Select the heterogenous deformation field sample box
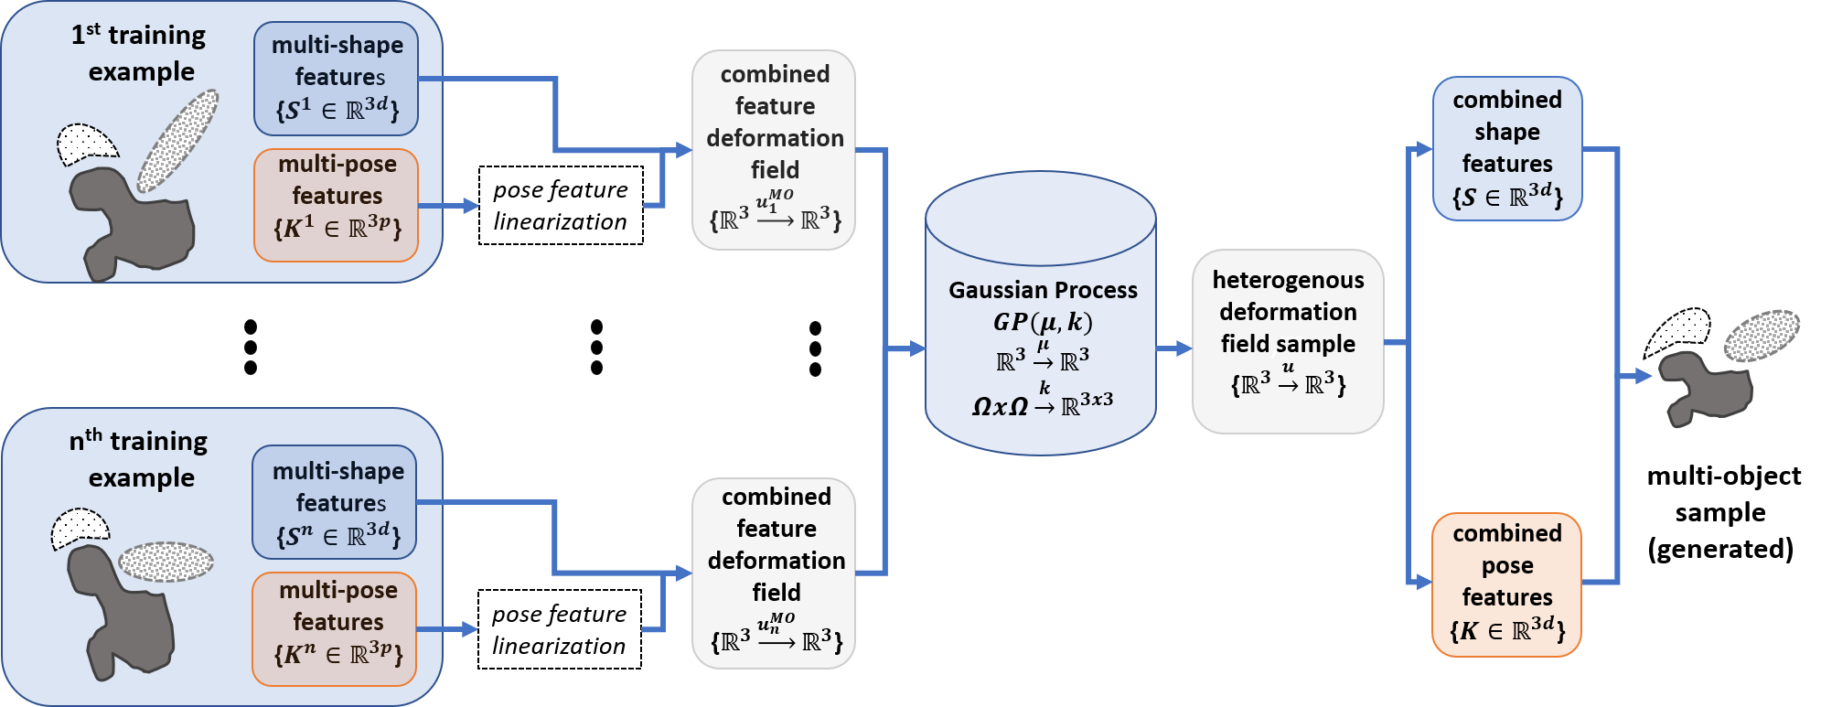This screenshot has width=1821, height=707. click(1287, 340)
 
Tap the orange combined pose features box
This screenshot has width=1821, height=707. click(1506, 584)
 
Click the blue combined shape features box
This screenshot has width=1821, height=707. click(1506, 148)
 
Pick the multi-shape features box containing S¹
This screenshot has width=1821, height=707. click(337, 79)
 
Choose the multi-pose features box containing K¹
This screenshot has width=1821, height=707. click(337, 204)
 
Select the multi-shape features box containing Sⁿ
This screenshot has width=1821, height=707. click(336, 502)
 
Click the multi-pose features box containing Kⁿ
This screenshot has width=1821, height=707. click(336, 628)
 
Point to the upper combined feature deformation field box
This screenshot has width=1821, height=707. click(774, 150)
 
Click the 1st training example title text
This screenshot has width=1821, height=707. click(140, 53)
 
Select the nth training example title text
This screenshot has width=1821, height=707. click(140, 459)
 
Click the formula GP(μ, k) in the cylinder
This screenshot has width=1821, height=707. click(1043, 322)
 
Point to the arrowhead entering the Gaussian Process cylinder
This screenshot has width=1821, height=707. click(917, 348)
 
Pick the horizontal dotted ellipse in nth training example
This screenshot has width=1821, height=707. click(166, 562)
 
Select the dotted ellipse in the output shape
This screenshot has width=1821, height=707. click(1762, 335)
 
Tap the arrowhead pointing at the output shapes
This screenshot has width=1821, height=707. click(1643, 376)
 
